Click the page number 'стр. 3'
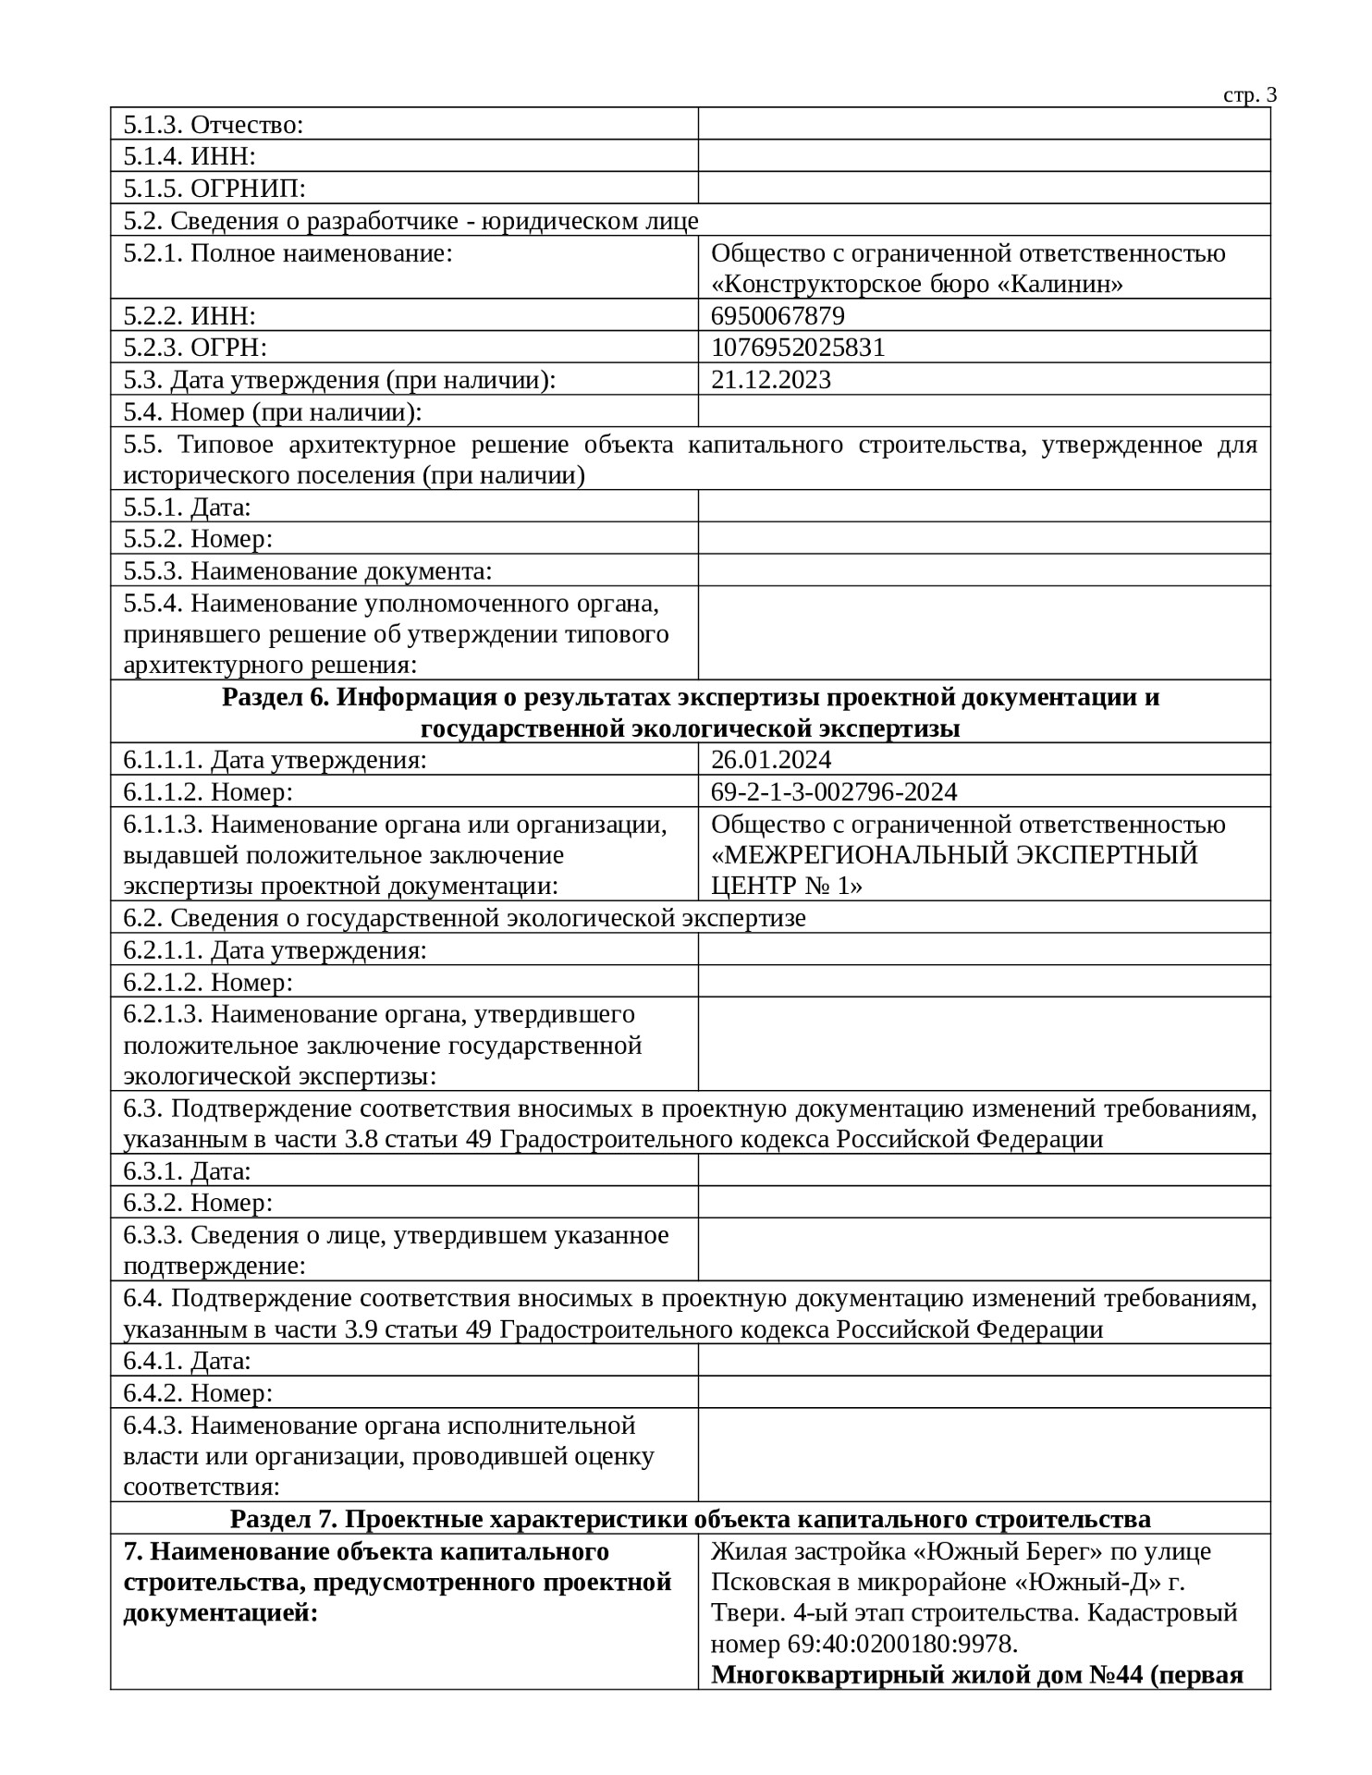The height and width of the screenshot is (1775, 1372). (x=1250, y=95)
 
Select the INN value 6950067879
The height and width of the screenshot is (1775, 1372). (x=778, y=316)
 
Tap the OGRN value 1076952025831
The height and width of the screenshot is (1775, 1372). (x=798, y=348)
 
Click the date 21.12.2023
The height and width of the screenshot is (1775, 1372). (x=771, y=380)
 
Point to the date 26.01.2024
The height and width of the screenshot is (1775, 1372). (x=771, y=760)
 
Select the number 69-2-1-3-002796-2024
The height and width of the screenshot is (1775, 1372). (x=834, y=792)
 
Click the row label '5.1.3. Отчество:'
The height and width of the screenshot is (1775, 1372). (x=214, y=125)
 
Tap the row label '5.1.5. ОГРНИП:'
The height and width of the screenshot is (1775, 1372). (x=214, y=189)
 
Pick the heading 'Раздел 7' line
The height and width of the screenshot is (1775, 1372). (x=690, y=1519)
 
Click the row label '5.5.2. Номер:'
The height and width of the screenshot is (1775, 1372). (x=198, y=539)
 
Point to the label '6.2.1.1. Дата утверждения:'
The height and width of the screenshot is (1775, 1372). (x=275, y=950)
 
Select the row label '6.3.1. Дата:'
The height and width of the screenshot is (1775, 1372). (x=188, y=1171)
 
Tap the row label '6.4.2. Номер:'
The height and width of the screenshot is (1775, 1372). (x=198, y=1393)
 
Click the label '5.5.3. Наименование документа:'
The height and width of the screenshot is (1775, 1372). (x=307, y=571)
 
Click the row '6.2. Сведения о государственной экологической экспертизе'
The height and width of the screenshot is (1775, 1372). (x=464, y=918)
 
